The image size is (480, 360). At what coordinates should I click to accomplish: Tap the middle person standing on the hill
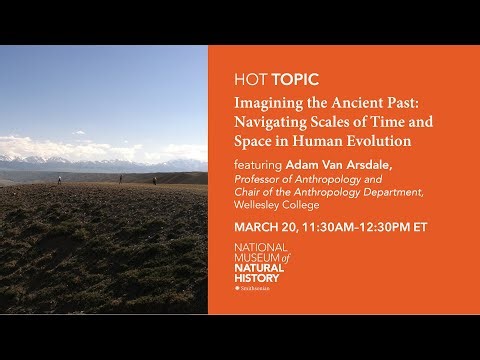(x=121, y=179)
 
